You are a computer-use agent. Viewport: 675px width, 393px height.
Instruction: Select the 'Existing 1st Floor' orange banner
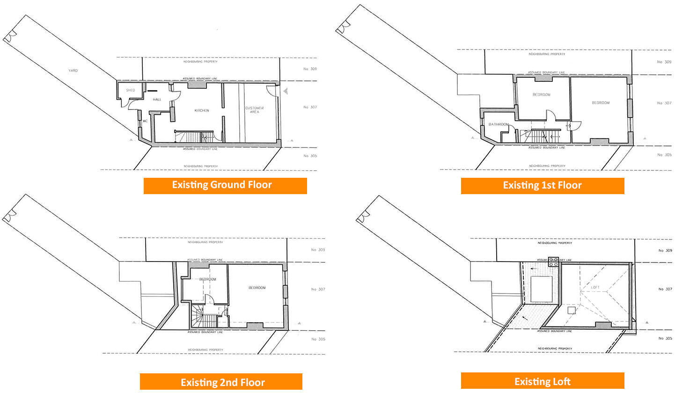pyautogui.click(x=542, y=185)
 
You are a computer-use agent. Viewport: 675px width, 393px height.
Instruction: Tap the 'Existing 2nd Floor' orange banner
pyautogui.click(x=221, y=382)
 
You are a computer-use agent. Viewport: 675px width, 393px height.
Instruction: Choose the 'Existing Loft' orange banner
pyautogui.click(x=542, y=381)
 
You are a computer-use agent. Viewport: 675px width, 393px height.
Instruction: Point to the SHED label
pyautogui.click(x=131, y=90)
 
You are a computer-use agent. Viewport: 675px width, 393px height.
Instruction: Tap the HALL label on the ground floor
pyautogui.click(x=157, y=100)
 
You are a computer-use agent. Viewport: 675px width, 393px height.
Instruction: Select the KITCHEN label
pyautogui.click(x=202, y=110)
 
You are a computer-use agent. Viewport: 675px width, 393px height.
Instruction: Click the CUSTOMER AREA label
pyautogui.click(x=254, y=110)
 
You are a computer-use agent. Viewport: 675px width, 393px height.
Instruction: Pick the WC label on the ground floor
pyautogui.click(x=145, y=121)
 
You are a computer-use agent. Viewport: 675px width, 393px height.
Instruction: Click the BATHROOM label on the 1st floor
pyautogui.click(x=499, y=124)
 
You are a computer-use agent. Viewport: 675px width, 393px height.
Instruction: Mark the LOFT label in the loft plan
pyautogui.click(x=595, y=287)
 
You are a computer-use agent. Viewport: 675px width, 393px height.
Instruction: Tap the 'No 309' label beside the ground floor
pyautogui.click(x=310, y=69)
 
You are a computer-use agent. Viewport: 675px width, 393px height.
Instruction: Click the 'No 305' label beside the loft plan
pyautogui.click(x=665, y=338)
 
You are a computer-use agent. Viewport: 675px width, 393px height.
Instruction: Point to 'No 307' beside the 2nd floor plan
pyautogui.click(x=318, y=289)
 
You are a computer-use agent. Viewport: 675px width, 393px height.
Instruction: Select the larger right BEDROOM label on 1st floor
pyautogui.click(x=601, y=103)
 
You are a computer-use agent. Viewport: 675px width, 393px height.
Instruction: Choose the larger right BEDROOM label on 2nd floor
pyautogui.click(x=257, y=288)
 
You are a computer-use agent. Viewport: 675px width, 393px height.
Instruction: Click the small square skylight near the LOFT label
pyautogui.click(x=571, y=310)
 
